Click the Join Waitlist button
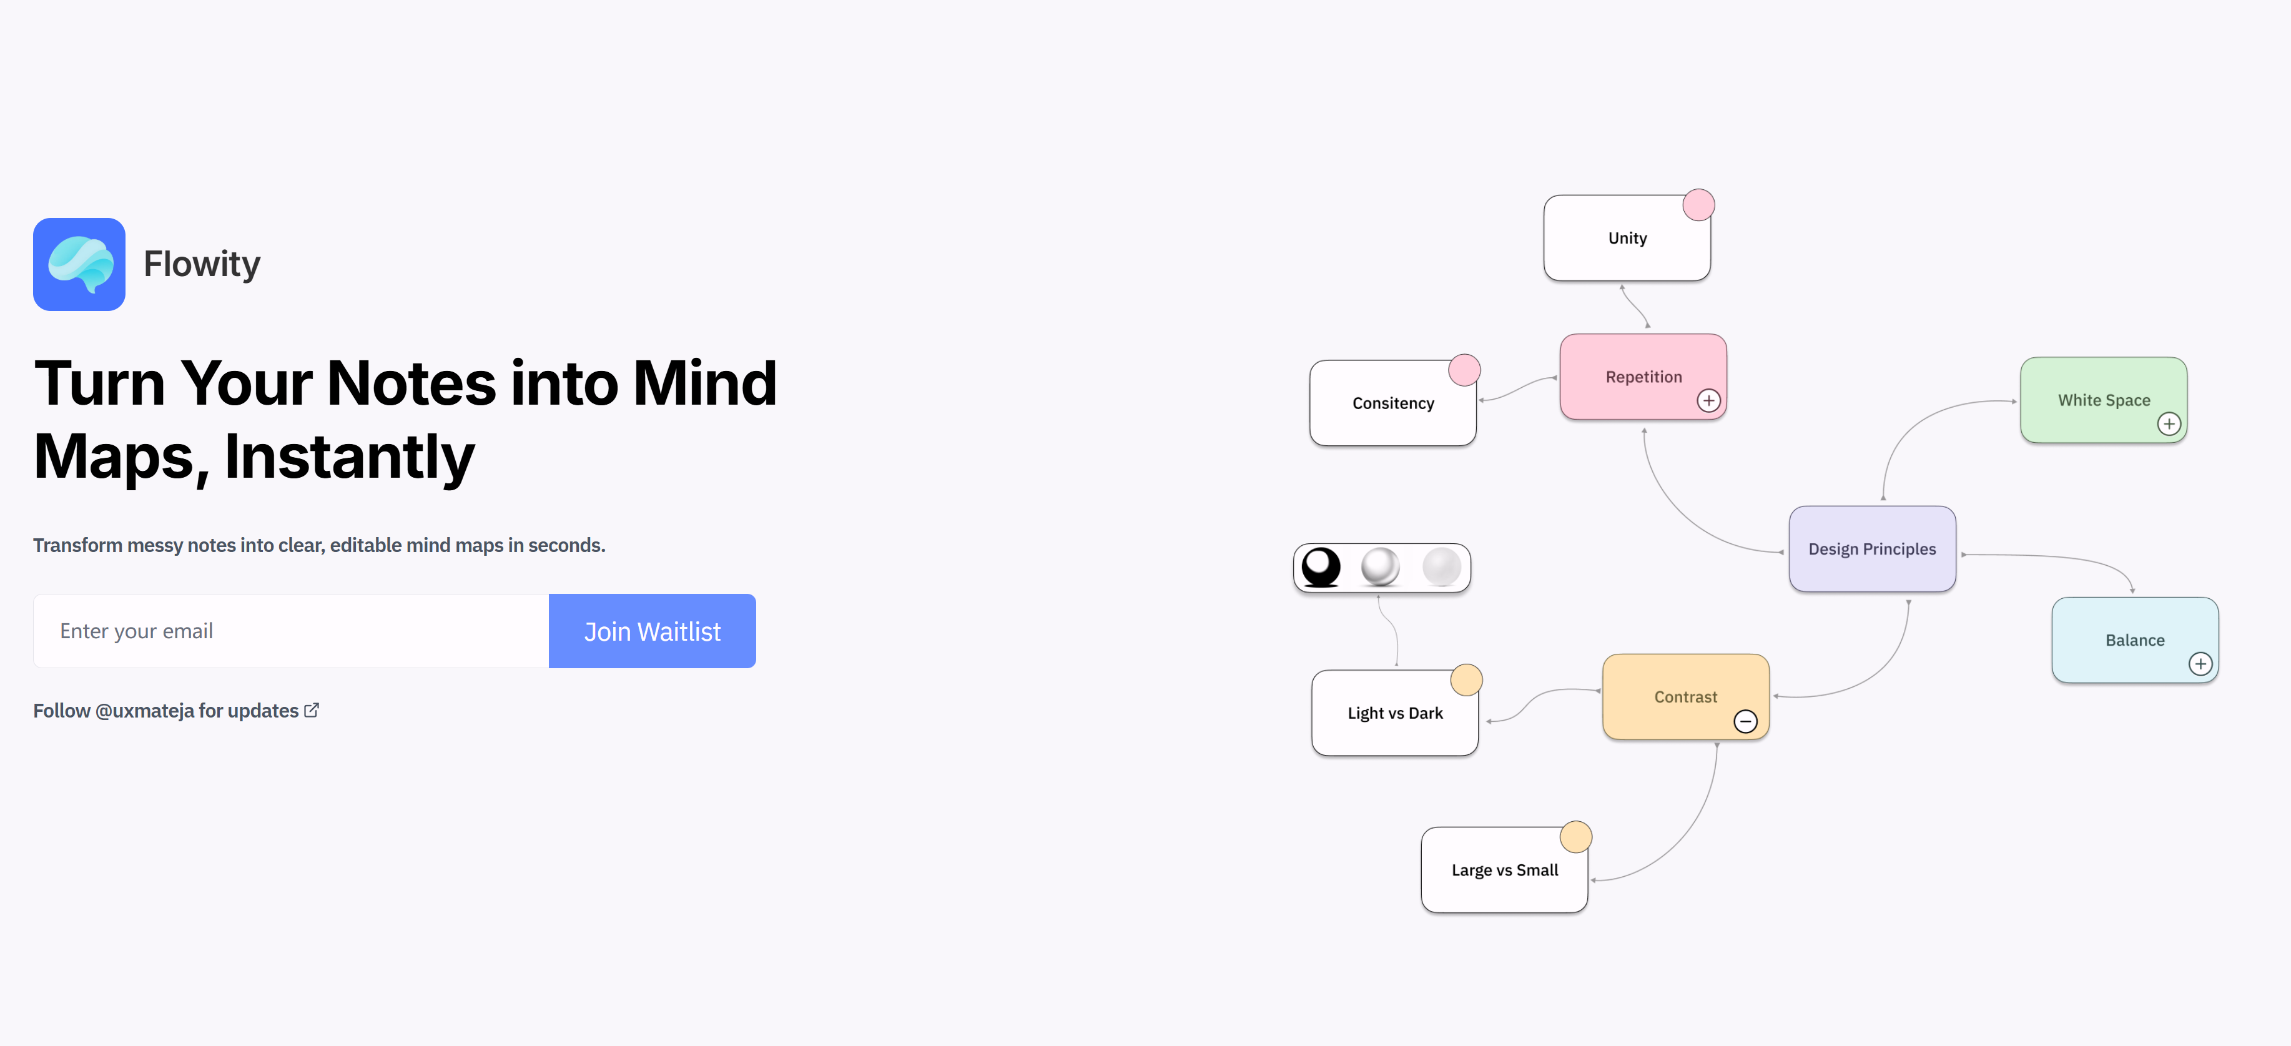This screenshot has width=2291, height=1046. tap(652, 631)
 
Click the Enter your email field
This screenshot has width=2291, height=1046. tap(291, 631)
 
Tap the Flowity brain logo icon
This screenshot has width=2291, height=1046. tap(79, 264)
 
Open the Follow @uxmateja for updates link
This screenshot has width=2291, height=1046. tap(176, 711)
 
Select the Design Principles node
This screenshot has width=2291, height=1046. tap(1872, 549)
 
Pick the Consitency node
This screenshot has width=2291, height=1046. tap(1392, 403)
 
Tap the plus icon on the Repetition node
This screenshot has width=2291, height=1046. tap(1708, 400)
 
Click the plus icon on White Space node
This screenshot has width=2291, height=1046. tap(2169, 423)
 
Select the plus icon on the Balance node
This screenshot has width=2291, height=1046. tap(2200, 664)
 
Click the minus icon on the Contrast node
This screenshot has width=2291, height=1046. tap(1746, 721)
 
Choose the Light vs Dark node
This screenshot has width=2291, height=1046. tap(1394, 713)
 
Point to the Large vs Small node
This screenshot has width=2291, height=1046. tap(1504, 870)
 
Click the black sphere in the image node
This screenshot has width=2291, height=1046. tap(1321, 566)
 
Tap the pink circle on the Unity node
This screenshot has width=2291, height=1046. tap(1698, 205)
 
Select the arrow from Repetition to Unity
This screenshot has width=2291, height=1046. tap(1635, 306)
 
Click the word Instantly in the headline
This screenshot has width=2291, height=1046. tap(350, 456)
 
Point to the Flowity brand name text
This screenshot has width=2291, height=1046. tap(202, 264)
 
